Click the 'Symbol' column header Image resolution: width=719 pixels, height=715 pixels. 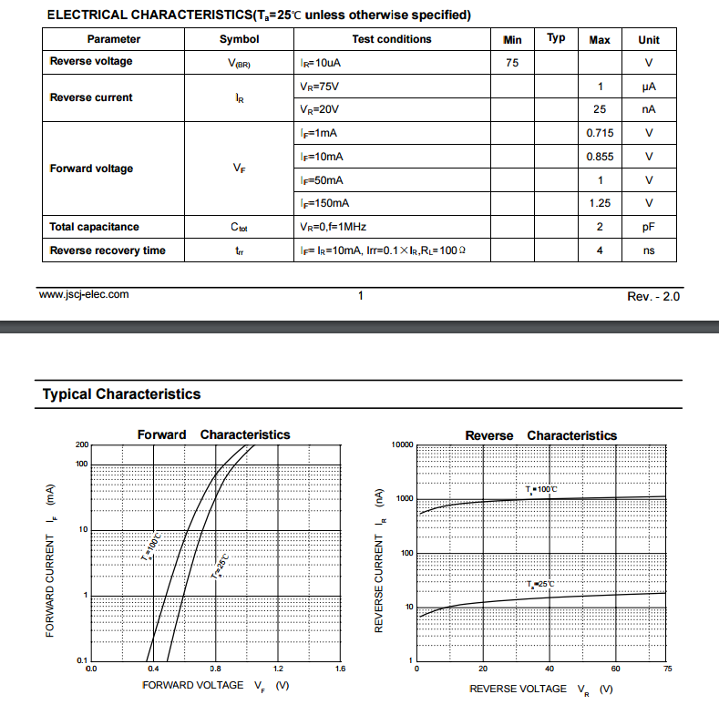239,39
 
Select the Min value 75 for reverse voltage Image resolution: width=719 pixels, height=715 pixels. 512,62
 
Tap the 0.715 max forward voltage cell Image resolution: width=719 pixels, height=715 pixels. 600,133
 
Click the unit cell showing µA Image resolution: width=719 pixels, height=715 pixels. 649,87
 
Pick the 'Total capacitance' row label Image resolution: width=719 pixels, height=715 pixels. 94,227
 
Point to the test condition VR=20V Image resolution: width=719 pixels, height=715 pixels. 319,109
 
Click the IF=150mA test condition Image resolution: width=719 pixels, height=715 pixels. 324,203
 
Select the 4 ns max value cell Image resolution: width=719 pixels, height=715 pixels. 600,250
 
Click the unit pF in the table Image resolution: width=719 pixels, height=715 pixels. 649,227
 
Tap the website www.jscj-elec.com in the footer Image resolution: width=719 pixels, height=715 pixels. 84,294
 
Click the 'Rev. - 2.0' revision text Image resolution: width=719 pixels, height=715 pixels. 653,297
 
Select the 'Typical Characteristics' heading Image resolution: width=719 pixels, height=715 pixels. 121,394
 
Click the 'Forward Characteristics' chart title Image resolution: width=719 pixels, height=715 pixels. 213,434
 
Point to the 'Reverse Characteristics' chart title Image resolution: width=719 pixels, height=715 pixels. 540,435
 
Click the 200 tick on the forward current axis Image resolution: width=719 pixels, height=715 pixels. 82,444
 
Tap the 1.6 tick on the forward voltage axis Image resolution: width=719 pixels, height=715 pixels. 340,669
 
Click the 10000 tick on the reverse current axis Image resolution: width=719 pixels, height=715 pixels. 402,444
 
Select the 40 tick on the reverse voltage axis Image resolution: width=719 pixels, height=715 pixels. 550,669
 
